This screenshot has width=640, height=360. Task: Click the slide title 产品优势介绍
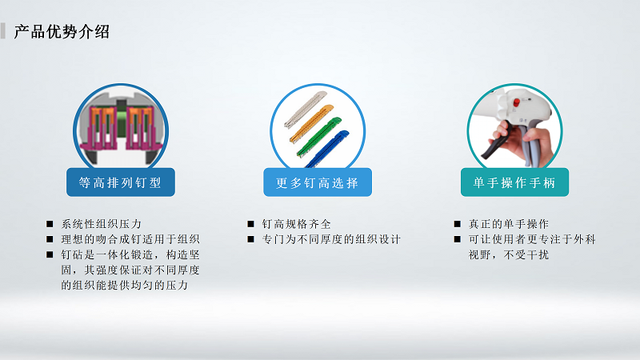pos(62,32)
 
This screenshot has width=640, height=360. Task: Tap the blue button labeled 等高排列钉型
pos(121,182)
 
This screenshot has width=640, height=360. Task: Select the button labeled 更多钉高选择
pos(318,182)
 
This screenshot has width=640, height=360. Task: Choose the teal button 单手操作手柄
pos(514,182)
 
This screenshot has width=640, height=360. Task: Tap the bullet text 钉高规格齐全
pos(297,223)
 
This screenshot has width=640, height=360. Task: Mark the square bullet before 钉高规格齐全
pos(250,223)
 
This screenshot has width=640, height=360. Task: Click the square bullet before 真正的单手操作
pos(457,223)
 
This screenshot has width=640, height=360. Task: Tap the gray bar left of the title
pos(4,32)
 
